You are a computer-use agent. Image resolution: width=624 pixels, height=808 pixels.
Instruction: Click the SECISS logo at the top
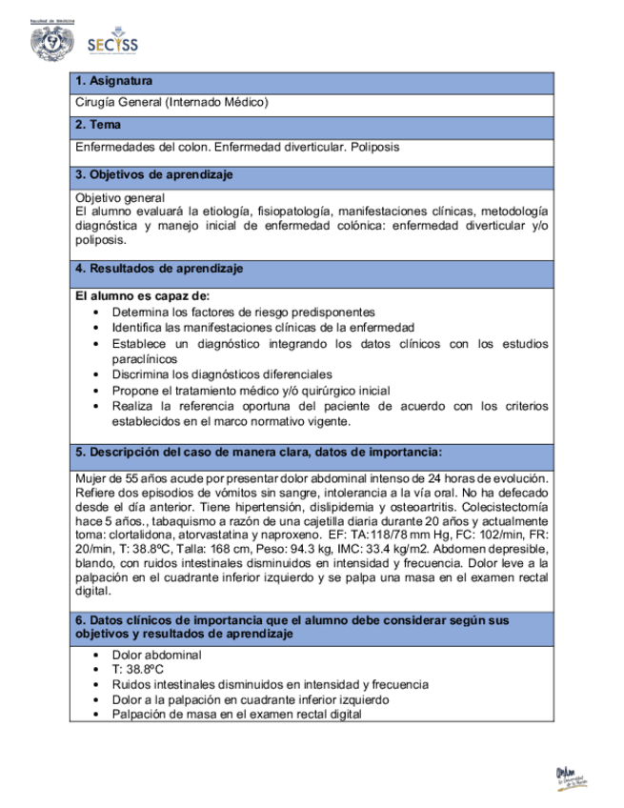pyautogui.click(x=111, y=45)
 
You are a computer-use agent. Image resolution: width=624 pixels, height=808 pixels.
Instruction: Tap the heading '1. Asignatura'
pyautogui.click(x=113, y=82)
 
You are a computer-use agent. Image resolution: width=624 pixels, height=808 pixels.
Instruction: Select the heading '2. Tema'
pyautogui.click(x=97, y=125)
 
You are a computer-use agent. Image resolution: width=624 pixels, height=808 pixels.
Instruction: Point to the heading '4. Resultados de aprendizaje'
pyautogui.click(x=158, y=269)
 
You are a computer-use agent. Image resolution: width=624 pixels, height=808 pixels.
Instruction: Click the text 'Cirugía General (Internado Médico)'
pyautogui.click(x=171, y=102)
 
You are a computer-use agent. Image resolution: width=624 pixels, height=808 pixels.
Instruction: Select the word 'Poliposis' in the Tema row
pyautogui.click(x=374, y=147)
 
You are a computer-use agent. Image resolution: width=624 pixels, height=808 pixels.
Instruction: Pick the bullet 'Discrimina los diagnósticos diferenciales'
pyautogui.click(x=222, y=374)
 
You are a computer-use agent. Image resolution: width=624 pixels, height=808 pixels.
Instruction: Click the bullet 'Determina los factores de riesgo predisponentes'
pyautogui.click(x=243, y=313)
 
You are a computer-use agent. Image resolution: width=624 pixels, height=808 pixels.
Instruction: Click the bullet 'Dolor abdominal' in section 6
pyautogui.click(x=156, y=655)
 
